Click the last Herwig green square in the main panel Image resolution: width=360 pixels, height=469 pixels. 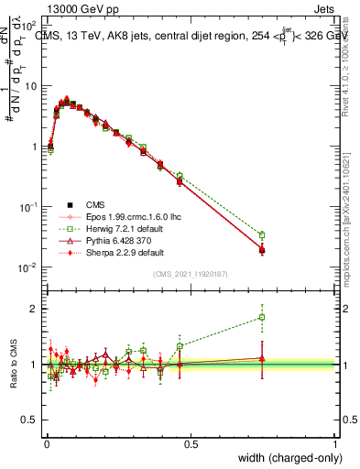click(x=262, y=235)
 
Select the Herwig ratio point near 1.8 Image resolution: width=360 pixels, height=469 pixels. click(x=262, y=318)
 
